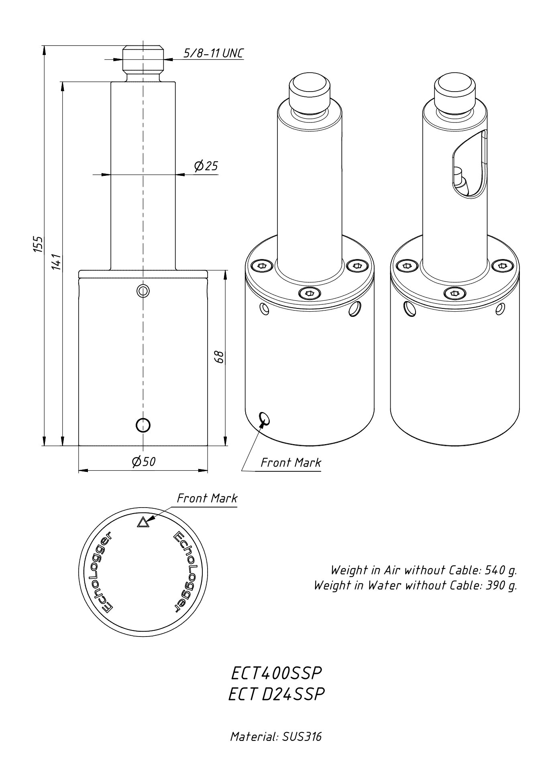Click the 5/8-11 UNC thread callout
click(213, 53)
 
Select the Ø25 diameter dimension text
click(206, 165)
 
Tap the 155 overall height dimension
click(37, 244)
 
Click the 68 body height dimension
click(219, 357)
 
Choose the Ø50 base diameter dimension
click(143, 462)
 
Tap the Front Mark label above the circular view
click(207, 498)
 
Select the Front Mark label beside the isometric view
click(291, 463)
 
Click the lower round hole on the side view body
click(143, 424)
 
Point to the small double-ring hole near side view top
click(143, 290)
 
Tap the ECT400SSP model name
click(277, 673)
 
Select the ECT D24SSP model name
click(276, 694)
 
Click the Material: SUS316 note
click(276, 736)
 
